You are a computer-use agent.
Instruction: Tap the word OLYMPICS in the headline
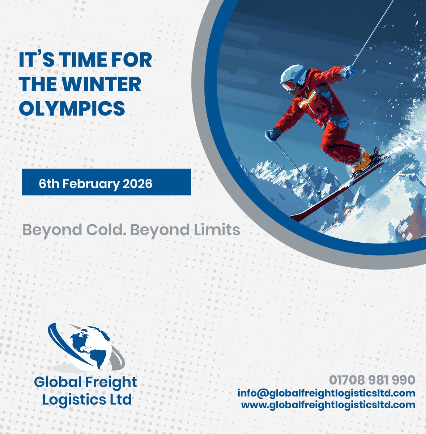pos(72,108)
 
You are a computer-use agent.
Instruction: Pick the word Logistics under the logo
pos(75,400)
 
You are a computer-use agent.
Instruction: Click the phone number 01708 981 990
pos(372,380)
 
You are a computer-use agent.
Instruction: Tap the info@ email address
pos(326,393)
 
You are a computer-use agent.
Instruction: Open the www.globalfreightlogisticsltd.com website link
pos(328,405)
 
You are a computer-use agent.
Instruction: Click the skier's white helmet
pos(292,75)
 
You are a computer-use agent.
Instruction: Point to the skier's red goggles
pos(290,86)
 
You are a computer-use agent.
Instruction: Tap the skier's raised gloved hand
pos(348,71)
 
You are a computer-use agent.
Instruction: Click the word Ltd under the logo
pos(120,400)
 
